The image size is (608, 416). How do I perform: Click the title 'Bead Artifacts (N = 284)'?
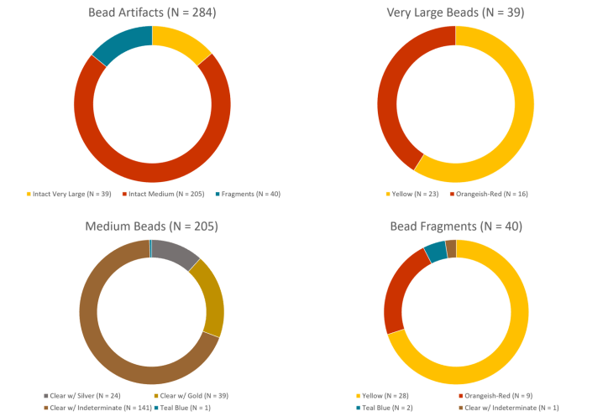coord(152,13)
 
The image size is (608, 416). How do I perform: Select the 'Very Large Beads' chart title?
coord(456,13)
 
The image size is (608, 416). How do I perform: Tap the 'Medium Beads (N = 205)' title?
coord(152,226)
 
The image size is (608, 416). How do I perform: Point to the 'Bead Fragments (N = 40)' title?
coord(456,226)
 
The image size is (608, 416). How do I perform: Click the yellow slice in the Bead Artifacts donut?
coord(182,42)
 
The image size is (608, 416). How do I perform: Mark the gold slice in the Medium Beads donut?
coord(210,298)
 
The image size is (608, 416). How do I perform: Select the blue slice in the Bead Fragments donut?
coord(435,251)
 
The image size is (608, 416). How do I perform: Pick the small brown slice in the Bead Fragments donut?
coord(451,248)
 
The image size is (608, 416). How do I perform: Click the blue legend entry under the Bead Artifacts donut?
coord(247,194)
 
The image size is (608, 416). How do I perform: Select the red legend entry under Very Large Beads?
coord(488,194)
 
